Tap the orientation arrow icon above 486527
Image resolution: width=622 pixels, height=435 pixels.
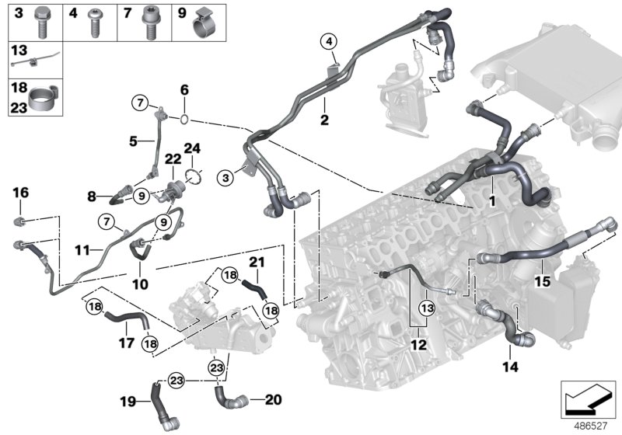point(589,401)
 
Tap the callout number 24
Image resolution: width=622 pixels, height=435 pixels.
point(191,148)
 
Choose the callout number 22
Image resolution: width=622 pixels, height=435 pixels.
point(173,158)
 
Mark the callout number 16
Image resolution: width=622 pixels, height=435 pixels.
point(20,192)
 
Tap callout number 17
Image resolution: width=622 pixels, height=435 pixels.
point(125,340)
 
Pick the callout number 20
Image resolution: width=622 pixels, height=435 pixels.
point(271,400)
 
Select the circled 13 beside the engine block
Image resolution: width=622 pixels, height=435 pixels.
point(427,308)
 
